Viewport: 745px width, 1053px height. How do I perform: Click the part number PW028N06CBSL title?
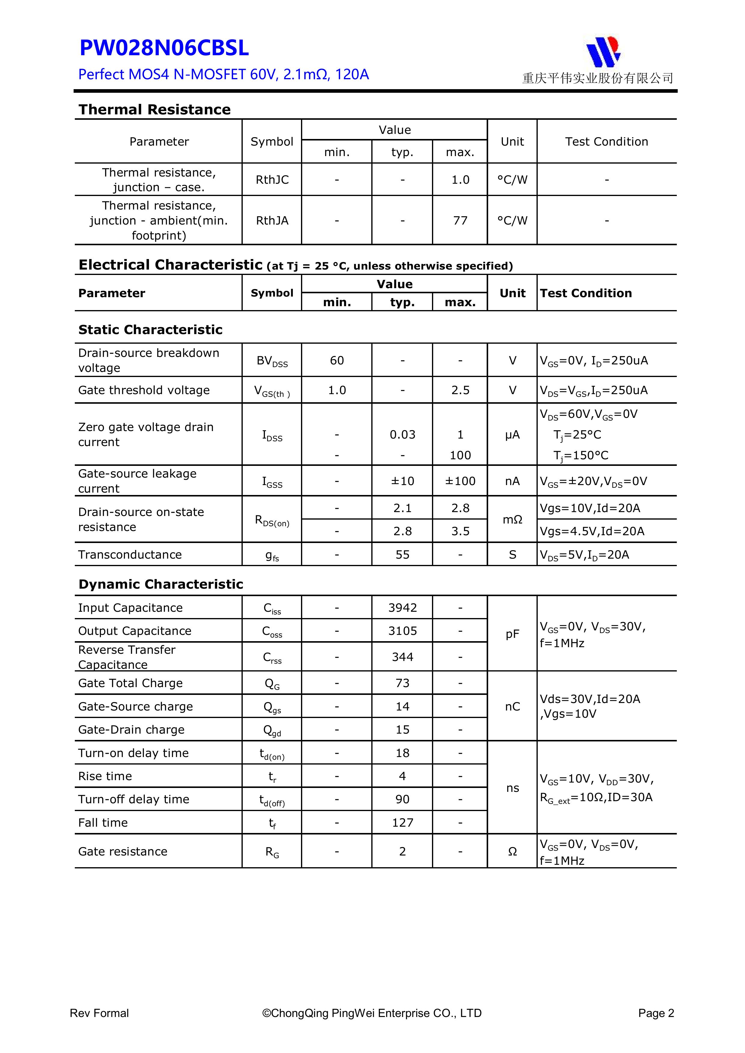[164, 48]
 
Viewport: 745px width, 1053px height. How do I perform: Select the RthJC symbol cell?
[272, 180]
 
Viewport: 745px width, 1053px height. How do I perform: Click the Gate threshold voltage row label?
[144, 390]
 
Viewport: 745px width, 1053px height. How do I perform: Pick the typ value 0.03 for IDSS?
[402, 435]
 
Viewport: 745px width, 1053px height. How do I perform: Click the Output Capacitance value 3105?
[402, 631]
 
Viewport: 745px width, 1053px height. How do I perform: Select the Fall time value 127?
[402, 823]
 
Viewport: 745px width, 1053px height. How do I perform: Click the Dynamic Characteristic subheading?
[161, 584]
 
